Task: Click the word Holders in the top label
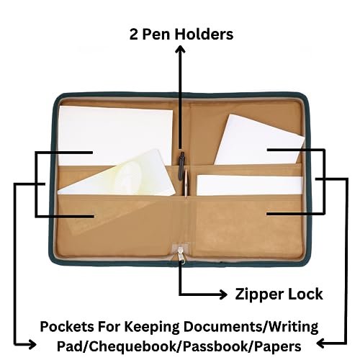point(204,34)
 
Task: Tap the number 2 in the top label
point(134,35)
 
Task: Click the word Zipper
point(258,294)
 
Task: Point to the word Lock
point(305,294)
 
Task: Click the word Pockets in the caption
point(67,327)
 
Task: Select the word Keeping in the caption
point(152,328)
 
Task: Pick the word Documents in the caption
point(223,327)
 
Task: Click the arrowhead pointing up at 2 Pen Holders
point(181,49)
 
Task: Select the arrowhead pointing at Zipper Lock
point(223,294)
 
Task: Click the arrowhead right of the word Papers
point(321,343)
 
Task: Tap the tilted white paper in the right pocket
point(259,140)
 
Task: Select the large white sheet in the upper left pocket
point(115,135)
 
